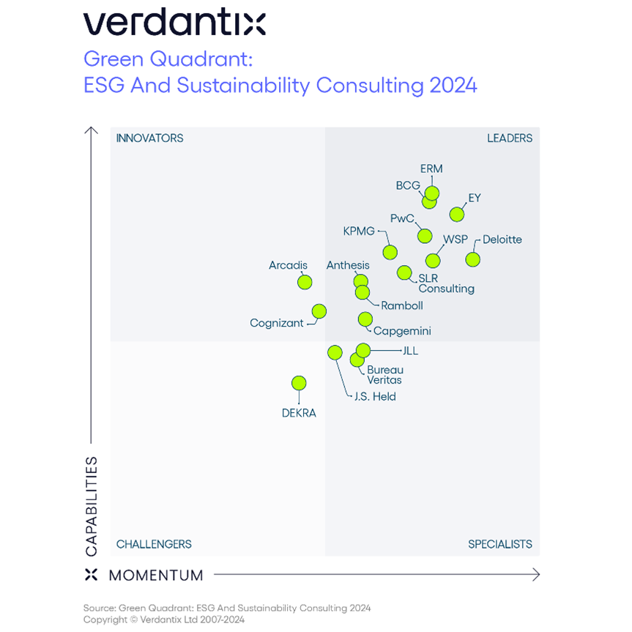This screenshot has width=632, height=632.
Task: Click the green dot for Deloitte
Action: tap(472, 259)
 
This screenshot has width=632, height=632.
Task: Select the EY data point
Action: tap(457, 215)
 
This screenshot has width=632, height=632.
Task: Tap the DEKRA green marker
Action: tap(299, 383)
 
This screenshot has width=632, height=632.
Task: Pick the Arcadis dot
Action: tap(305, 282)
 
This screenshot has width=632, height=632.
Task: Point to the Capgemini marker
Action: tap(365, 319)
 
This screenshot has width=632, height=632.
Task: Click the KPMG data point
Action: tap(390, 253)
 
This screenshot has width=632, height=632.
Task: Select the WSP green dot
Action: tap(433, 261)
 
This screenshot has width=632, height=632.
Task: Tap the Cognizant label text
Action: tap(276, 323)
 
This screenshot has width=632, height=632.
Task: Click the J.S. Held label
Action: tap(375, 396)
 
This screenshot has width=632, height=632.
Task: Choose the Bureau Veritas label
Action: tap(384, 375)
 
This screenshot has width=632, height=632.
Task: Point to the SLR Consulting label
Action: tap(446, 283)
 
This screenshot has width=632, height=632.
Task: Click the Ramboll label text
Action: tap(402, 305)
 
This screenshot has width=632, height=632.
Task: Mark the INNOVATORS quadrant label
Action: tap(149, 138)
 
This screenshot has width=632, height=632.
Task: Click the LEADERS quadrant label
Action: tap(510, 138)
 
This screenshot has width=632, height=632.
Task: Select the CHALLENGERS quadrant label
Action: tap(154, 544)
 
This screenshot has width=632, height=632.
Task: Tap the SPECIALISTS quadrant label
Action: tap(500, 544)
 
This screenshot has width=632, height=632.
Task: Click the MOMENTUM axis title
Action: tap(156, 576)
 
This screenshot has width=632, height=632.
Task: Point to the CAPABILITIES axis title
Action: tap(92, 506)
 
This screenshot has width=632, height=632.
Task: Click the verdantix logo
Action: tap(174, 23)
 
